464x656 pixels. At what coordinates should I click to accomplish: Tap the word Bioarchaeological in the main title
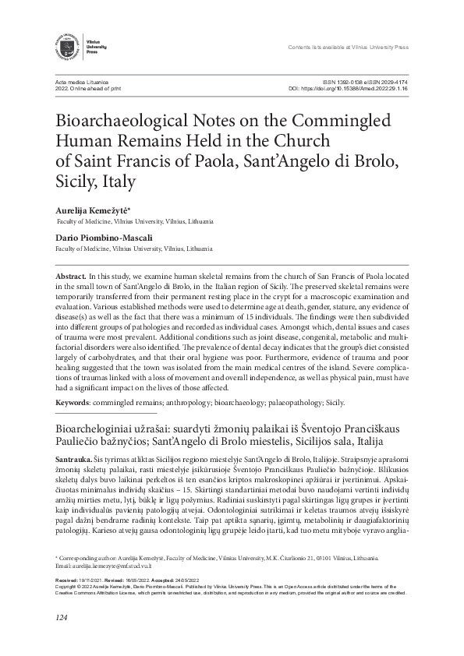coord(126,124)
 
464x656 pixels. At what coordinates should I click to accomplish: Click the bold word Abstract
coord(71,277)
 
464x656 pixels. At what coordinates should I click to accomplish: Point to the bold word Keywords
coord(75,402)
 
